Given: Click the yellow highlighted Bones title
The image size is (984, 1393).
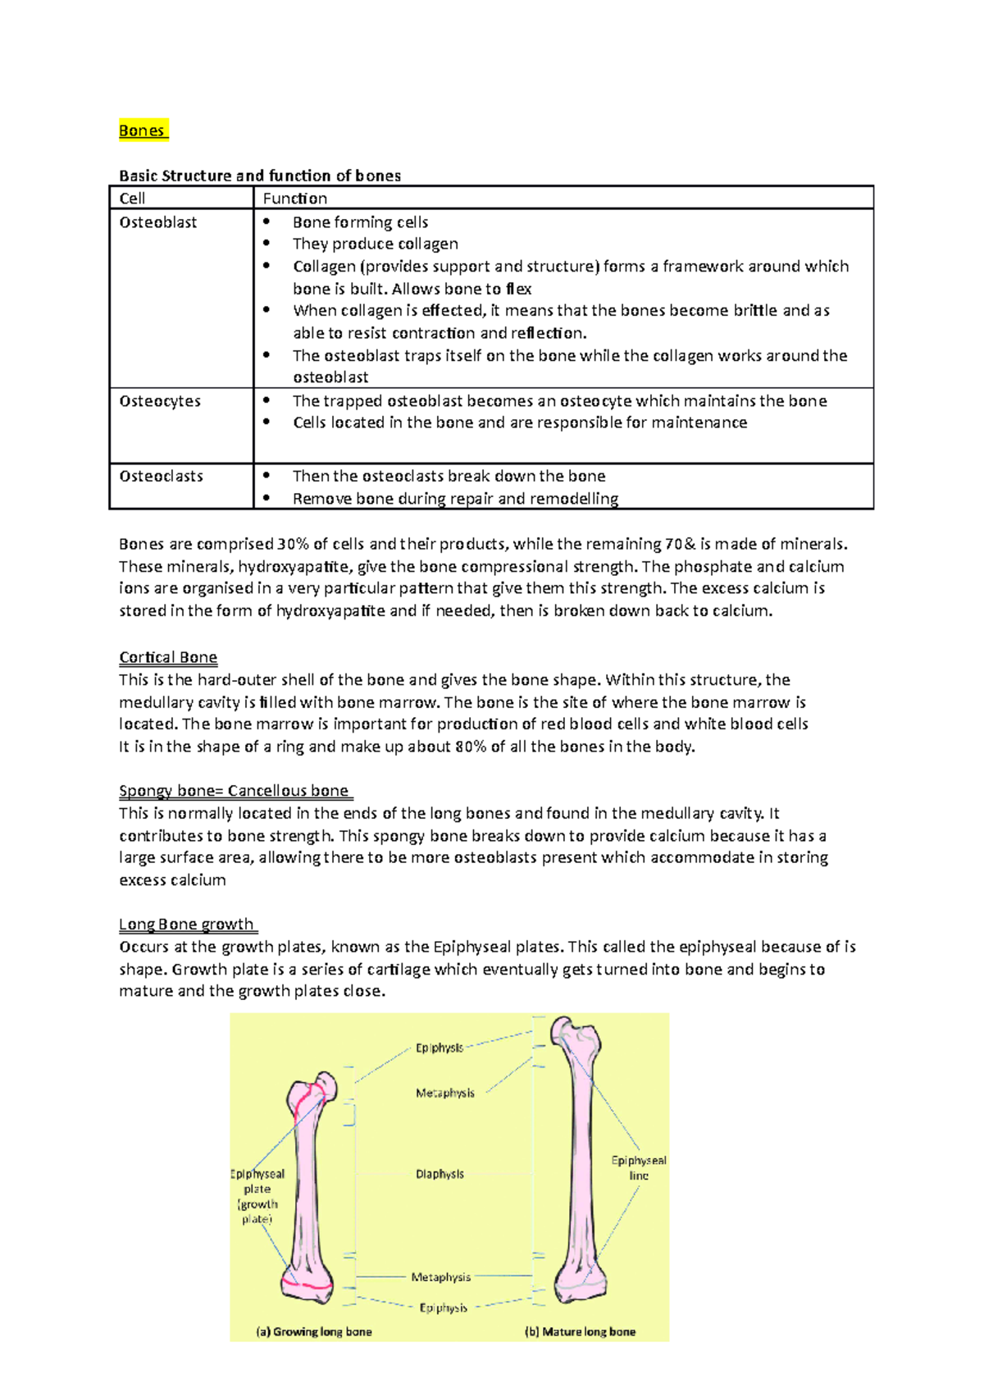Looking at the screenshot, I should [x=143, y=130].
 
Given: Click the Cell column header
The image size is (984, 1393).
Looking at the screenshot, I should [x=132, y=199].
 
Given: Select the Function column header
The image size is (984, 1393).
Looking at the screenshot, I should [x=294, y=199].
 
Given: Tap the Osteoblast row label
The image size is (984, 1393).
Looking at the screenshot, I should [x=157, y=222].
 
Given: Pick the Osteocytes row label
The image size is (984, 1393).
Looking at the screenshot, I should [x=160, y=401].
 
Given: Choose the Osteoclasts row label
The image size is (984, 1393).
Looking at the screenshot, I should [x=161, y=476].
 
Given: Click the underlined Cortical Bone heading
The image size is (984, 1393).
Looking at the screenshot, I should [x=168, y=657].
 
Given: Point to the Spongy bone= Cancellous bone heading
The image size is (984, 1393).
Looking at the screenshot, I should [x=235, y=791].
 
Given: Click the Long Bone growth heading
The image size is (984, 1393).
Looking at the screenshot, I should [x=186, y=925].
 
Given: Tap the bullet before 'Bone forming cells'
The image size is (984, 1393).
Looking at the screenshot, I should [x=266, y=222].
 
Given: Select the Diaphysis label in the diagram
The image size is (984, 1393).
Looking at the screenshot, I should [x=440, y=1174].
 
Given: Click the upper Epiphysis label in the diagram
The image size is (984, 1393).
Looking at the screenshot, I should [x=439, y=1048].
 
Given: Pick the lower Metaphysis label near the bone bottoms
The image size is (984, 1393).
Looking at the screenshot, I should [x=440, y=1277].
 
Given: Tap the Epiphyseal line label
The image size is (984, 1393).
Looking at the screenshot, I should [x=638, y=1167].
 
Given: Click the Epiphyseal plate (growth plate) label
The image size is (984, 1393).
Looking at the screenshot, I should [x=257, y=1196].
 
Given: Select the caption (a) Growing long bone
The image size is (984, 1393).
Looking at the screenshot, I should [x=314, y=1331].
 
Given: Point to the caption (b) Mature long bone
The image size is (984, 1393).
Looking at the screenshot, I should [x=580, y=1331].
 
